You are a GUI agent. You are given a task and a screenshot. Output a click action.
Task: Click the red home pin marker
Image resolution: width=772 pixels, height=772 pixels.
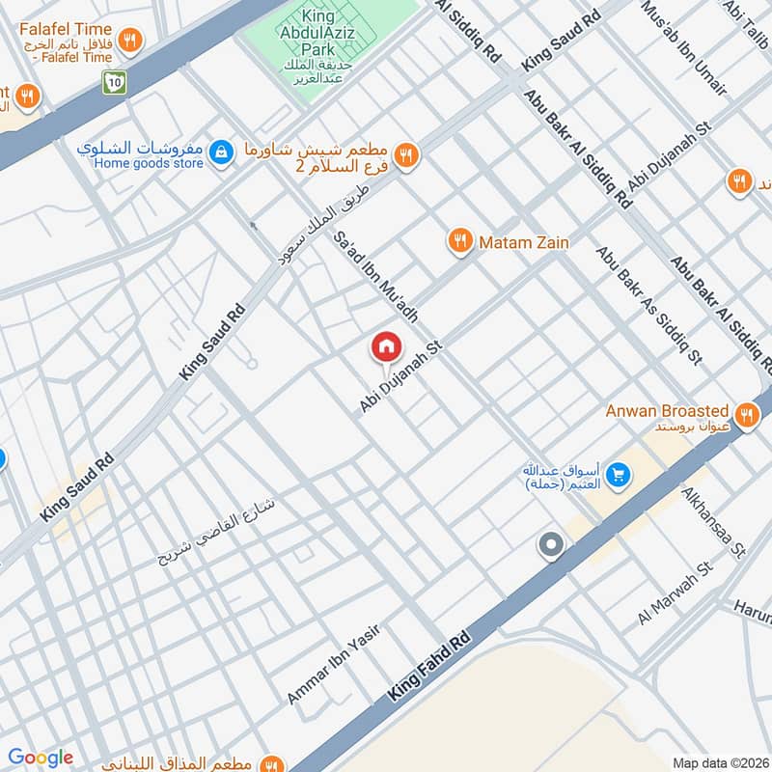click(x=386, y=346)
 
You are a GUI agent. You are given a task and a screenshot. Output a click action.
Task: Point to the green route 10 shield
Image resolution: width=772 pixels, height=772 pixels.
click(x=115, y=84)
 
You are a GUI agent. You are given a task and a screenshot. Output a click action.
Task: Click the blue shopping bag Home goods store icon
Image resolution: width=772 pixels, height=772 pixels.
click(x=222, y=152)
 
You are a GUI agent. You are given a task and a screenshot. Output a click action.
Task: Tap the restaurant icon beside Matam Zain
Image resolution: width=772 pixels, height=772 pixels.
click(x=459, y=241)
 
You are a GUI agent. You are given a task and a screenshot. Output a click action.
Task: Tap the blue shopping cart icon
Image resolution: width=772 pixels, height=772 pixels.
click(x=619, y=475)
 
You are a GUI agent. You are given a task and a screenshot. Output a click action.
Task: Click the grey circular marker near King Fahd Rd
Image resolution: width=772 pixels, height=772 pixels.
click(x=551, y=546)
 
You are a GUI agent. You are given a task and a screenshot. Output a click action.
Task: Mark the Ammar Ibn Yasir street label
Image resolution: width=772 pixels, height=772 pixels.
click(x=333, y=665)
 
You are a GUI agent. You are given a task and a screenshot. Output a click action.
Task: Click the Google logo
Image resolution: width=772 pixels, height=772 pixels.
click(x=41, y=758)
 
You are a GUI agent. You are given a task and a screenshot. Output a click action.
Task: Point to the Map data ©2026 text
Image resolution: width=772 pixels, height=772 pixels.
click(x=719, y=762)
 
